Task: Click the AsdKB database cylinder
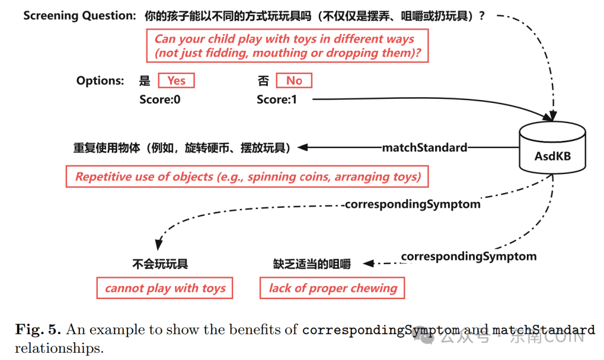point(553,147)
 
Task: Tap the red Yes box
point(176,80)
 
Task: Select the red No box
point(294,80)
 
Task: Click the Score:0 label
point(160,100)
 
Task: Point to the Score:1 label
point(277,100)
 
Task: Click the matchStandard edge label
point(424,148)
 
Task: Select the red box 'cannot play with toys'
point(165,288)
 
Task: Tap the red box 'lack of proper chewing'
point(333,288)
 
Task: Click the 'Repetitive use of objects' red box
point(248,177)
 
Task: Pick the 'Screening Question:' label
point(79,16)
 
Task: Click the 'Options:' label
point(100,80)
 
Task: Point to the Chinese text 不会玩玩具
point(160,264)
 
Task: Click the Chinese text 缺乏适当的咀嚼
point(312,264)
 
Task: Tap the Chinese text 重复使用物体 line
point(182,148)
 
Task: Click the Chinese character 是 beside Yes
point(145,80)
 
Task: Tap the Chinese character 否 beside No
point(263,80)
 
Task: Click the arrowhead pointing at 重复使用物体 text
point(303,148)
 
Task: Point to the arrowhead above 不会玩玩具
point(159,244)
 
